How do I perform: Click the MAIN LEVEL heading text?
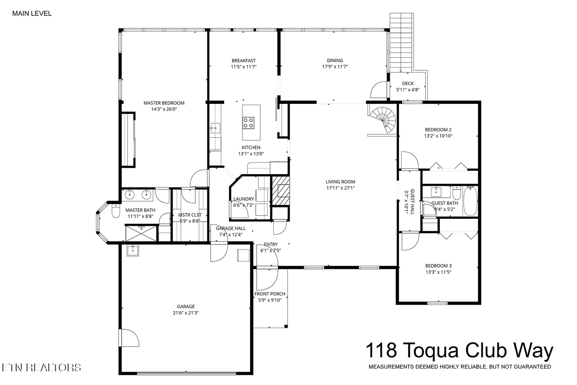[x=32, y=13]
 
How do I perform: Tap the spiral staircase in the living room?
[x=383, y=120]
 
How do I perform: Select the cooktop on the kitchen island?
[x=248, y=122]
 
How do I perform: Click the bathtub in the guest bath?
[x=470, y=201]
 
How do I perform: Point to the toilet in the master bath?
[x=116, y=211]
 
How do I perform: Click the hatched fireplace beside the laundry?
[x=281, y=191]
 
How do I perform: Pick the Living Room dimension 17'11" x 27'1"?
[x=340, y=188]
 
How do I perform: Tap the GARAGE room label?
[x=186, y=306]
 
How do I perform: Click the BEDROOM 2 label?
[x=438, y=130]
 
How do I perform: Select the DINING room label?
[x=335, y=60]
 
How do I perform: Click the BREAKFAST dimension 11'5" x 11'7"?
[x=244, y=67]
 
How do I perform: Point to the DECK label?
[x=408, y=83]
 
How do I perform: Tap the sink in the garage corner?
[x=133, y=250]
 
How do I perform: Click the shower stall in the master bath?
[x=141, y=233]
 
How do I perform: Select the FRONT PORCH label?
[x=270, y=294]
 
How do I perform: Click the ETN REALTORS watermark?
[x=42, y=367]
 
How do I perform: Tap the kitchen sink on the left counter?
[x=215, y=128]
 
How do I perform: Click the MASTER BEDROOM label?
[x=164, y=103]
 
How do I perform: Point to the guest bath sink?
[x=436, y=191]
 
